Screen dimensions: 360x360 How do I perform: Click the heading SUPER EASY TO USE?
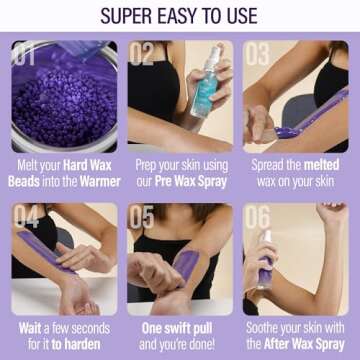click(180, 16)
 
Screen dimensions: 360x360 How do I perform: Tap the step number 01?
click(27, 54)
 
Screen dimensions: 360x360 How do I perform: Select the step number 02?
click(142, 54)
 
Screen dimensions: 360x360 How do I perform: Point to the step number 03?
click(258, 54)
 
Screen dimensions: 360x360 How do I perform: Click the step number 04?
click(27, 217)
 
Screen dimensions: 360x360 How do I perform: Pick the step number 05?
click(142, 217)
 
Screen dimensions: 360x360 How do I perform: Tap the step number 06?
click(258, 217)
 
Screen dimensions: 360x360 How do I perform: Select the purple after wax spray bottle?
click(265, 265)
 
